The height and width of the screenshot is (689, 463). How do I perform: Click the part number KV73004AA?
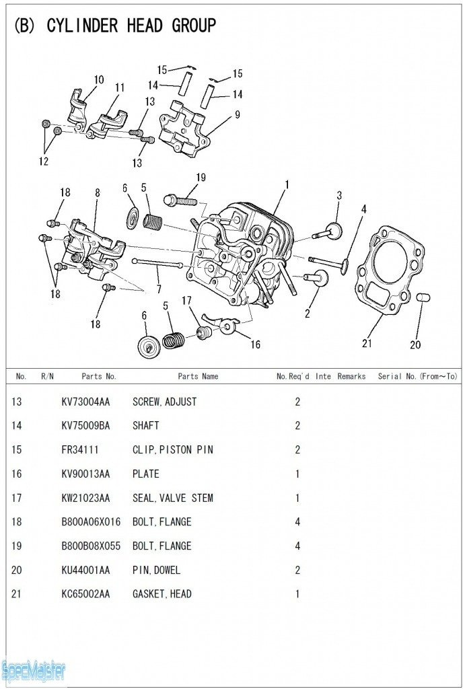click(x=85, y=402)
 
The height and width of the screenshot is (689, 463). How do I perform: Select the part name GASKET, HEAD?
click(x=162, y=594)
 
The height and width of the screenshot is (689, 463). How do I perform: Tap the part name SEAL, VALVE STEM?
click(x=172, y=498)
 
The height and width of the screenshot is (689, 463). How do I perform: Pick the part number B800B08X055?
click(x=91, y=546)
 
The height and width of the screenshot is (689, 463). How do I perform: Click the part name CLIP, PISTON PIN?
click(x=172, y=450)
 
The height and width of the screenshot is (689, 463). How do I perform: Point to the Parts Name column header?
click(x=198, y=377)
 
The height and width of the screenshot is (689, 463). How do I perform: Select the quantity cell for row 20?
click(x=297, y=571)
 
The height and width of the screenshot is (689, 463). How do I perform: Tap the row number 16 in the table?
click(x=17, y=474)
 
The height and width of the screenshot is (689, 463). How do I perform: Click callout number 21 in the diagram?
click(x=367, y=343)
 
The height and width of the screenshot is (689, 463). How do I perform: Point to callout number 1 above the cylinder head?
click(x=287, y=184)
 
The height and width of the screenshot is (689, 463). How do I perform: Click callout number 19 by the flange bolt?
click(x=201, y=178)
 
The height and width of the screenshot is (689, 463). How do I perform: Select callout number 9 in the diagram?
click(x=237, y=115)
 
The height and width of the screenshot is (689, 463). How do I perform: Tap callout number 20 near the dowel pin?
click(x=415, y=344)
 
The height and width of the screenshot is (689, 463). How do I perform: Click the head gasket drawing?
click(x=388, y=270)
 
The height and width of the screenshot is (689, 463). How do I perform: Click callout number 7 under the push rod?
click(x=158, y=289)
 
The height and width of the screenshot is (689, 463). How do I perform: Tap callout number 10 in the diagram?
click(x=99, y=80)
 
